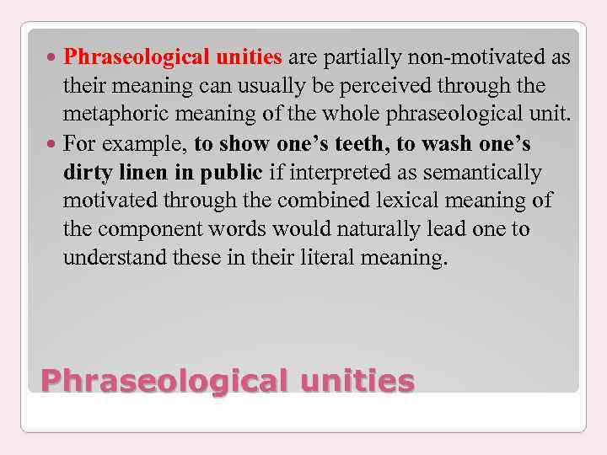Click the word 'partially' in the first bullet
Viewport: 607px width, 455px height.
point(359,58)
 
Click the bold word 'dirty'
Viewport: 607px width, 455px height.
point(87,171)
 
